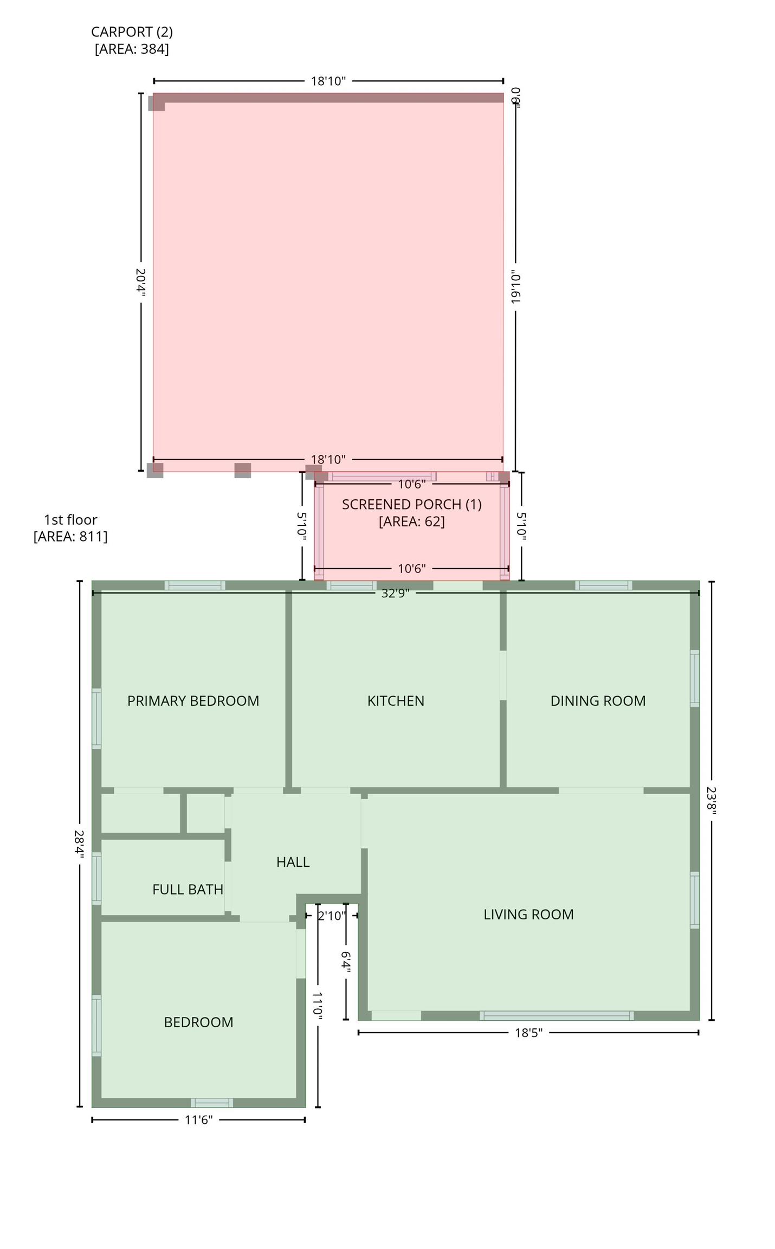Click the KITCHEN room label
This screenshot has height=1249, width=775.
395,700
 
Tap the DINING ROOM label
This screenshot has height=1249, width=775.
597,700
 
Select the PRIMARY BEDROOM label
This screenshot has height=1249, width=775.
193,700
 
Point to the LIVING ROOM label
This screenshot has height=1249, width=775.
528,914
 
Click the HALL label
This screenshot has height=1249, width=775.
293,861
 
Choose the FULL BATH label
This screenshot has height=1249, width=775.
188,889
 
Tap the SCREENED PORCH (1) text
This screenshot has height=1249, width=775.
411,504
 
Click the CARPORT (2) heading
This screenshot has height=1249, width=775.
132,32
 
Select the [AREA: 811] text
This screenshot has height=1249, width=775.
70,536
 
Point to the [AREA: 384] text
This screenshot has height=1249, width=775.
132,49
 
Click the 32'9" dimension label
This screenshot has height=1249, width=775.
395,593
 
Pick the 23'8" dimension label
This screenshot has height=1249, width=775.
711,799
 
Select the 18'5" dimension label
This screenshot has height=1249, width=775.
528,1032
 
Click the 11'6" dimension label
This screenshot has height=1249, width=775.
198,1119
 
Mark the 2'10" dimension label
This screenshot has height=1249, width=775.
331,916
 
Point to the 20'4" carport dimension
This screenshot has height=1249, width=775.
141,282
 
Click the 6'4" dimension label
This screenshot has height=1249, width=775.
346,962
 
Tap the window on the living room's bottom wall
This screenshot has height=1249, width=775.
556,1015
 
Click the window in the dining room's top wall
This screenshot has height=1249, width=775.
603,585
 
